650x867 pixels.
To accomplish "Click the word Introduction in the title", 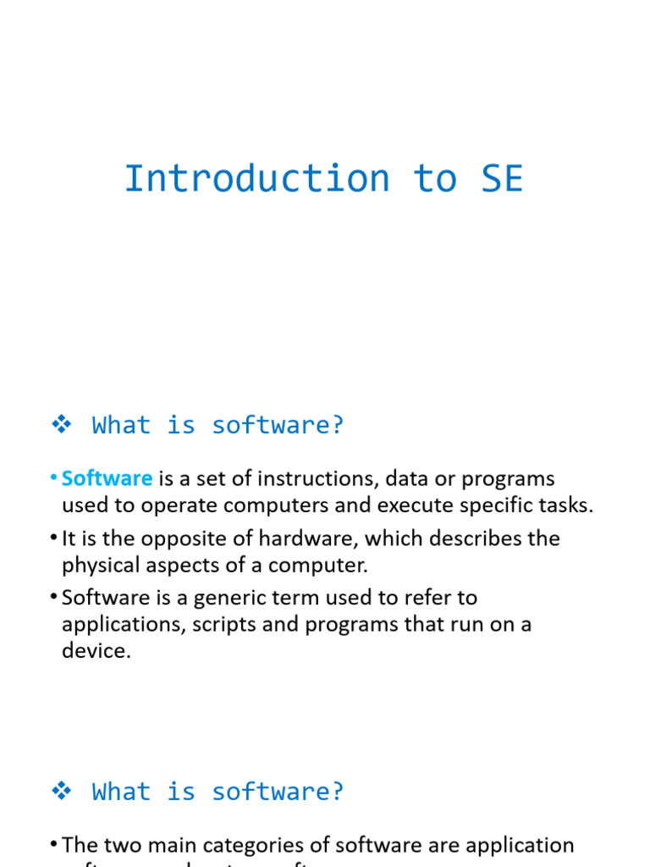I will coord(256,179).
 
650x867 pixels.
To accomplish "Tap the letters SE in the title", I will coord(502,179).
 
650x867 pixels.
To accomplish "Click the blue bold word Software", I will coord(107,478).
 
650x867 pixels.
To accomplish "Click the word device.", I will coord(96,652).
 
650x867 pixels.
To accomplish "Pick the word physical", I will coord(100,565).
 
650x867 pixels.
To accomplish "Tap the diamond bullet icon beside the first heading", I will coord(61,425).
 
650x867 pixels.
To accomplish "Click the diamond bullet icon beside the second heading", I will coord(61,792).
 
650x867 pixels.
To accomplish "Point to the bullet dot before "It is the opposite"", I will coord(53,538).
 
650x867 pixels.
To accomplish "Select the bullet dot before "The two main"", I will coord(53,845).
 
